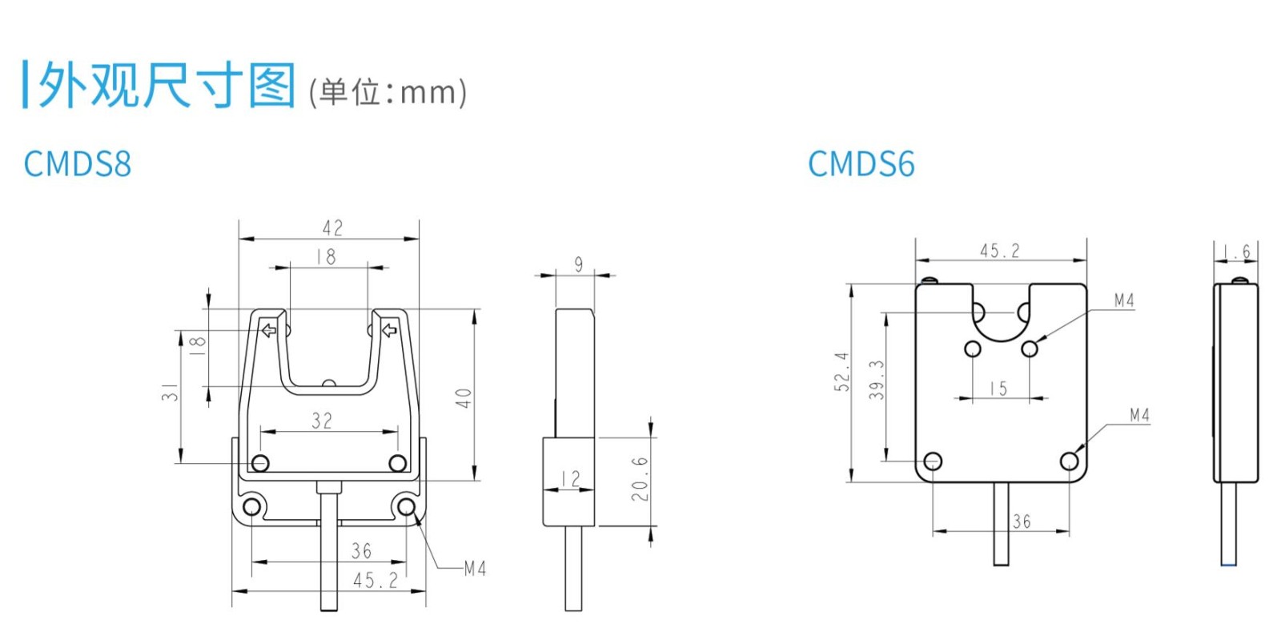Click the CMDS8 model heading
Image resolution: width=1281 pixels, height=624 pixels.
point(77,163)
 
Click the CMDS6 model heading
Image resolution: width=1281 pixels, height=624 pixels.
point(861,164)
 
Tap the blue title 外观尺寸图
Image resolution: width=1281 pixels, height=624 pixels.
point(167,85)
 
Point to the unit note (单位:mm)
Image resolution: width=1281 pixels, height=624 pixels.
point(388,92)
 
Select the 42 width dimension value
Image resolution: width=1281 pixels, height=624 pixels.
point(332,228)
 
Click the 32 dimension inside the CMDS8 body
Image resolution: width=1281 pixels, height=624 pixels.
point(322,421)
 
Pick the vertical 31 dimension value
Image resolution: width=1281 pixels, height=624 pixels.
point(170,392)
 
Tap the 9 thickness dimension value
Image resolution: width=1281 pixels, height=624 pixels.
point(579,264)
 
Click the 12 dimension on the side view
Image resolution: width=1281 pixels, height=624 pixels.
point(570,479)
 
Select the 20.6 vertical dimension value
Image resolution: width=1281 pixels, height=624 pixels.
point(640,479)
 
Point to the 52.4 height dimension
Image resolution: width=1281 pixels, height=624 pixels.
point(841,372)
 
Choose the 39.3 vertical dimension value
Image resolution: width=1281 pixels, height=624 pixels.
point(877,379)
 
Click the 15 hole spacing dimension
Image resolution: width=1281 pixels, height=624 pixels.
point(998,388)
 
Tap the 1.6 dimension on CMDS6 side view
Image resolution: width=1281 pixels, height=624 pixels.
point(1240,252)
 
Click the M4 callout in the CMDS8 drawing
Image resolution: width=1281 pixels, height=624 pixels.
point(475,569)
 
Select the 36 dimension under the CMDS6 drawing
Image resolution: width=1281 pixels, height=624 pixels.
point(1022,521)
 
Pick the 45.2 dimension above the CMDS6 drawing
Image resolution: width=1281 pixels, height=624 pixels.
point(1000,251)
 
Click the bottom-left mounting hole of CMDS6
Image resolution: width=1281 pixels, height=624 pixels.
point(933,461)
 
